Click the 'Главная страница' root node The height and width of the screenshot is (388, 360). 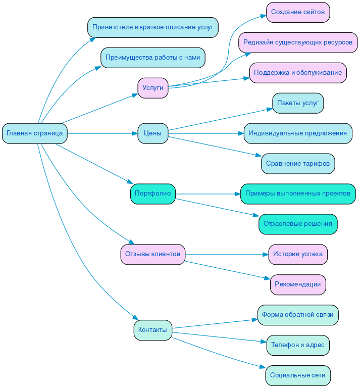coord(35,133)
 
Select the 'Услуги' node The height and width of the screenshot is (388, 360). coord(152,88)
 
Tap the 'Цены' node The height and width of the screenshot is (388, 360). coord(152,133)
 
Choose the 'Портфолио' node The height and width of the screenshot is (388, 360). coord(152,194)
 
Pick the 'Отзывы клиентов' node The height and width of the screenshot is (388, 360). coord(152,254)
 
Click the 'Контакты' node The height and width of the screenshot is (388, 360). coord(152,330)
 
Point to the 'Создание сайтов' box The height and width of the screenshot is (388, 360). coord(298,12)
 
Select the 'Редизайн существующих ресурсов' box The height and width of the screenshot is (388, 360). coord(298,42)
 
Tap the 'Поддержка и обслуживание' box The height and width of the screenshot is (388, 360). coord(298,73)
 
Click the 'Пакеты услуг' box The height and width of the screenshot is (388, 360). coord(298,103)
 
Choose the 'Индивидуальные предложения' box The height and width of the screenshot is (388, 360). coord(298,133)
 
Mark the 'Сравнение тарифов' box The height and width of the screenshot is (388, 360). coord(298,164)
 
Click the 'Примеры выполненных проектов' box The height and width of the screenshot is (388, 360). coord(298,194)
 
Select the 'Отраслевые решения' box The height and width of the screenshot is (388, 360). coord(298,224)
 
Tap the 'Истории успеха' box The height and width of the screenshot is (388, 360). coord(298,254)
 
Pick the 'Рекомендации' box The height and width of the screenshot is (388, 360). coord(298,284)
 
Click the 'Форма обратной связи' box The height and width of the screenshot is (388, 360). coord(298,315)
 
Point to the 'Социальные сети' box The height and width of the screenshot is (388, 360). coord(298,375)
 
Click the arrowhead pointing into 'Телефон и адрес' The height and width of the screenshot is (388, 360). coord(263,343)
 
